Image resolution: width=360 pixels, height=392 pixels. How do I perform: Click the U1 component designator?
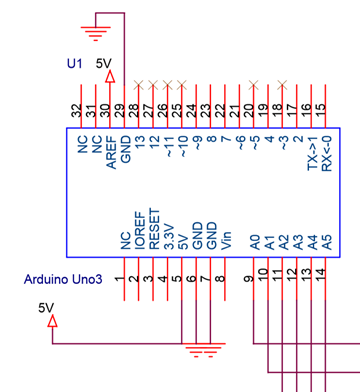coord(73,63)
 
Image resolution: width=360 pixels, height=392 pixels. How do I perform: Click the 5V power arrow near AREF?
coord(110,76)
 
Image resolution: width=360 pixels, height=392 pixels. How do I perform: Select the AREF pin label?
coord(110,150)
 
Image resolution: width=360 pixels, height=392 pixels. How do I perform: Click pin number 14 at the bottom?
coord(321,273)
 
